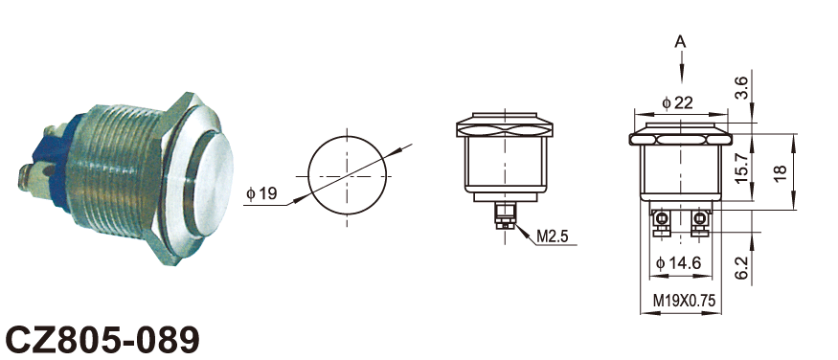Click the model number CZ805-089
coord(102,340)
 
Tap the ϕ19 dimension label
coord(261,193)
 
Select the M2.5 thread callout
coord(552,236)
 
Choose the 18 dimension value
coord(781,172)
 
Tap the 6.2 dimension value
coord(740,266)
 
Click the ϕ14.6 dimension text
coord(678,262)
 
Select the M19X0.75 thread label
coord(684,302)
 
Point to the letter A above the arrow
coord(680,42)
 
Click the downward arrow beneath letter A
coord(681,67)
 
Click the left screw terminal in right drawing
coord(661,223)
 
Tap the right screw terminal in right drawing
coord(699,223)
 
